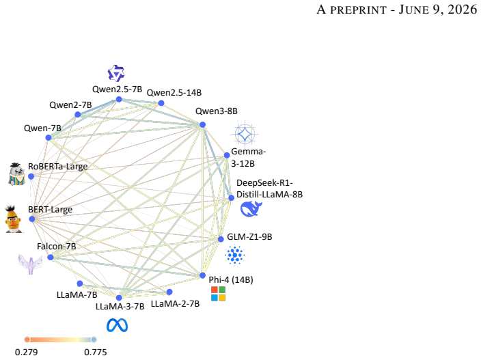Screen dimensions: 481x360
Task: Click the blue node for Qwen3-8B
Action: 202,124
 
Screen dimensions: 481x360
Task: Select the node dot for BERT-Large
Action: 32,219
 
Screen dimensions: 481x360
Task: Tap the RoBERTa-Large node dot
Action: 31,176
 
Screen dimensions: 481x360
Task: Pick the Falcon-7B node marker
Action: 51,258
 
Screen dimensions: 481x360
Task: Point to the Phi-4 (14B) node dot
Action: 202,275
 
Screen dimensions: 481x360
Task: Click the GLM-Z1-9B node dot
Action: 221,239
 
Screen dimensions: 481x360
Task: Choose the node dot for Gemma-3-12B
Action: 227,155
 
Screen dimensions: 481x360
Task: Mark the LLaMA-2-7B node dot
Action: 169,292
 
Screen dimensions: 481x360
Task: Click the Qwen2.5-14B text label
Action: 174,93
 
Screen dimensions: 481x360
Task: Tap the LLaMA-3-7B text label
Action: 120,307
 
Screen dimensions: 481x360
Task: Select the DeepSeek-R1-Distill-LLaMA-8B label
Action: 269,189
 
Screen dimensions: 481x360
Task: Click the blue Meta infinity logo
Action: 118,325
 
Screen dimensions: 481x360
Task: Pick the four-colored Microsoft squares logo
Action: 219,294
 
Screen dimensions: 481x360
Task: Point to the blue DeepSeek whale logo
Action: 251,209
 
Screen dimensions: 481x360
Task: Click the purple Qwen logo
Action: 116,73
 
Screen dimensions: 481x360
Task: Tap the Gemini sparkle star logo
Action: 245,134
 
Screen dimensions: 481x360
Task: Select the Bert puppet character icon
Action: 13,219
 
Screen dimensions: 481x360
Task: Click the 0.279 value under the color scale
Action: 27,352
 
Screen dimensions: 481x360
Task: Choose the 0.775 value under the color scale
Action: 96,352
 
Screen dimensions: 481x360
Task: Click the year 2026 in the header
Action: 463,10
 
